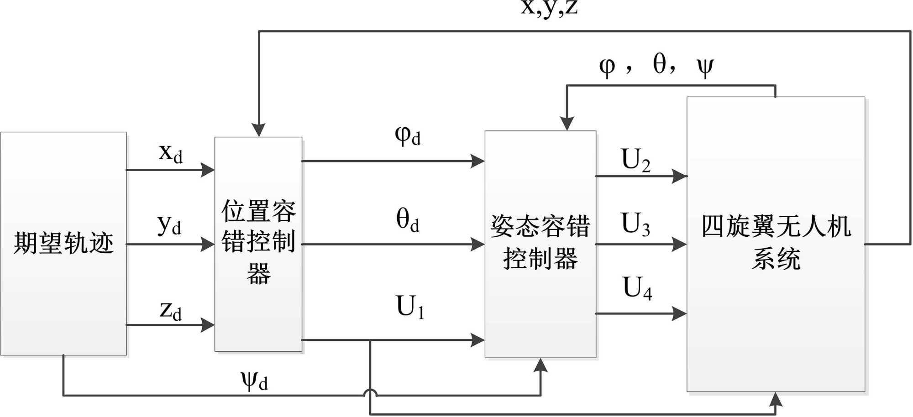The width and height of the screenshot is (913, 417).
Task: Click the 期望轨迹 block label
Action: (x=63, y=242)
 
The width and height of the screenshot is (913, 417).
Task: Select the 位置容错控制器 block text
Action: (x=258, y=241)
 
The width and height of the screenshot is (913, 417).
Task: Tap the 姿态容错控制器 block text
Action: (x=540, y=242)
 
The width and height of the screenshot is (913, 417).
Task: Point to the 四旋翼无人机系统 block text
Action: (x=776, y=242)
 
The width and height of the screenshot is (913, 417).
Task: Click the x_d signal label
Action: (x=171, y=153)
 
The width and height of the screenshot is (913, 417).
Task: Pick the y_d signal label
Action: (x=169, y=225)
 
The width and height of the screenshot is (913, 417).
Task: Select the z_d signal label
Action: (x=171, y=311)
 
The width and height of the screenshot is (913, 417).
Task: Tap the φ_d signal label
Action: (x=408, y=136)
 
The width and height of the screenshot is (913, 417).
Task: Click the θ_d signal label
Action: (x=408, y=220)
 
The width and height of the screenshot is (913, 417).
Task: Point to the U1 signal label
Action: (x=410, y=307)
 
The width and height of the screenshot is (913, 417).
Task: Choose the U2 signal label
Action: (x=635, y=161)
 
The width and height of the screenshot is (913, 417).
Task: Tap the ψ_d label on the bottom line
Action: (x=254, y=381)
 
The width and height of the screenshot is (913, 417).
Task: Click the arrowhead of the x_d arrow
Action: (x=208, y=170)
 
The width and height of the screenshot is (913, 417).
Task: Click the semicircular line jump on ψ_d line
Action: (x=370, y=393)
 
